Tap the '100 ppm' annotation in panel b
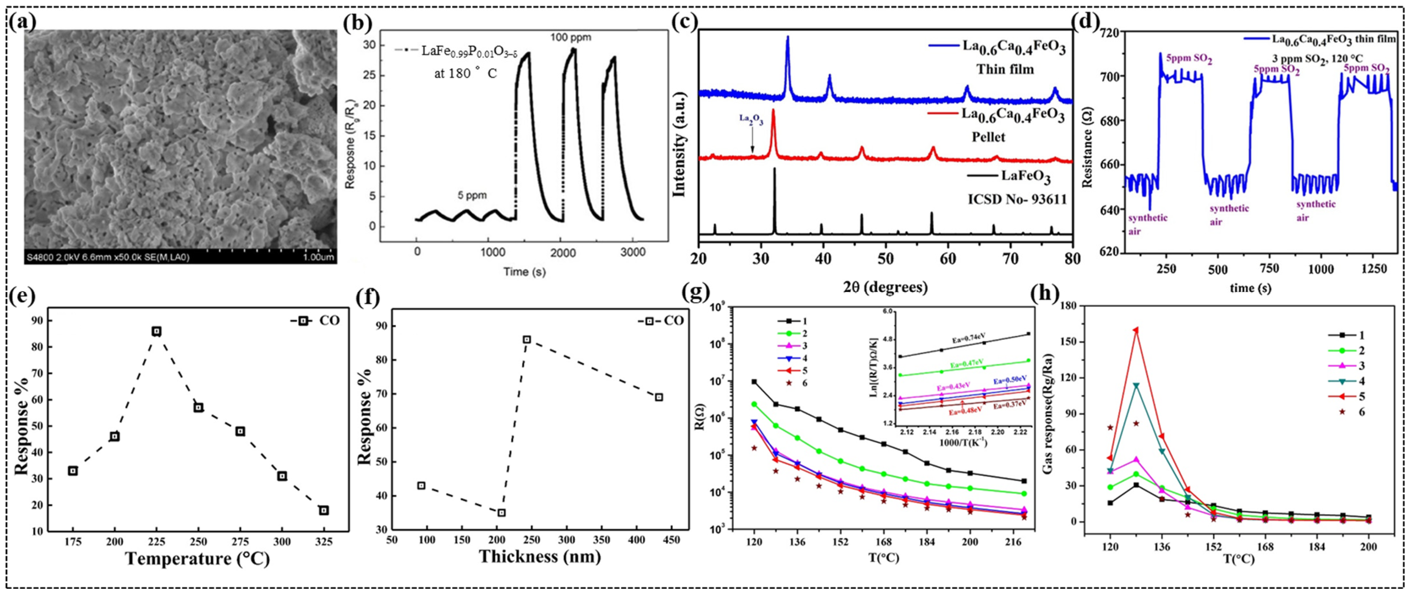(570, 38)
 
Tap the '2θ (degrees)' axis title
(885, 287)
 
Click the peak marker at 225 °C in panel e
(157, 331)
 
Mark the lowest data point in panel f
(501, 512)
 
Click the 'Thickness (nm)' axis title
(539, 557)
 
